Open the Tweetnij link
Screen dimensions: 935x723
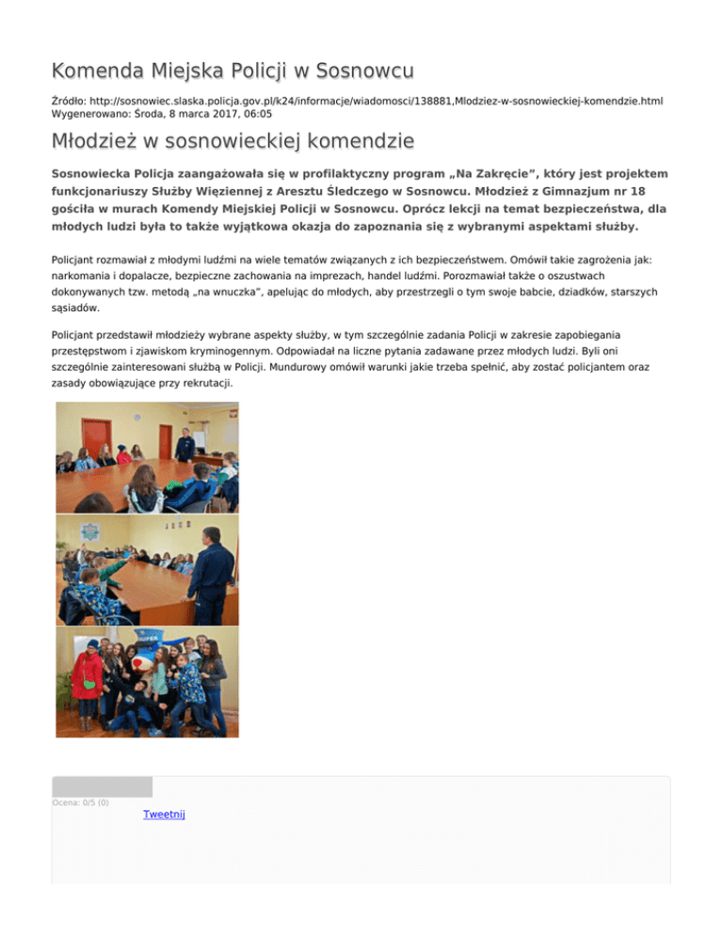164,814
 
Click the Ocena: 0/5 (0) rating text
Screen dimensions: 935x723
80,802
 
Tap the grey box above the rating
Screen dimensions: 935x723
102,786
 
